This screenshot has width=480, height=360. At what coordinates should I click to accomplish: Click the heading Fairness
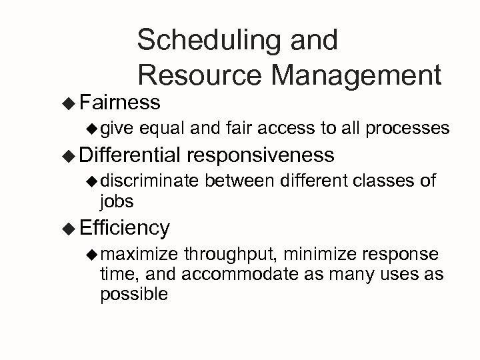point(119,103)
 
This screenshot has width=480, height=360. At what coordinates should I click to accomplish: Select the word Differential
point(129,155)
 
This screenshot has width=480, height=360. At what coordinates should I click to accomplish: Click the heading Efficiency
point(124,227)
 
